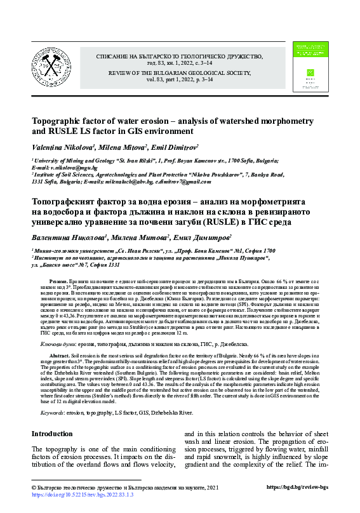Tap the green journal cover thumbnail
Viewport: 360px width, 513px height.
pos(310,68)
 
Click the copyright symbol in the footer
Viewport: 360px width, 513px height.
pos(34,487)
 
